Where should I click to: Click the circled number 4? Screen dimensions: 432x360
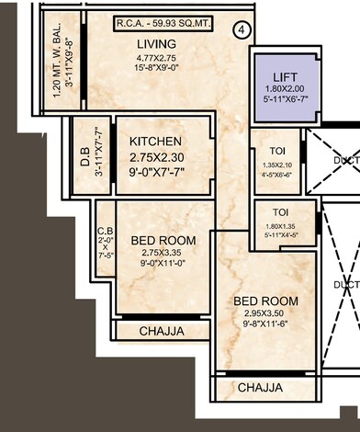click(242, 28)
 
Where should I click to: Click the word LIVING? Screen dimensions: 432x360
click(157, 43)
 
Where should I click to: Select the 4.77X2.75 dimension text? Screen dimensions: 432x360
click(157, 56)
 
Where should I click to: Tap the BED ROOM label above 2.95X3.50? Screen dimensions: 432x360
click(265, 301)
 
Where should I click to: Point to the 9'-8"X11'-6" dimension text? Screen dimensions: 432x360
click(265, 324)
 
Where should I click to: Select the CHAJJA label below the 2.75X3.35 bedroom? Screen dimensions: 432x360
click(162, 331)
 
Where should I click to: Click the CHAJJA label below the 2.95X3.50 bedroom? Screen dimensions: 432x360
click(260, 389)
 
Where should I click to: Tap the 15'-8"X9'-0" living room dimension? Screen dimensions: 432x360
click(157, 67)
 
